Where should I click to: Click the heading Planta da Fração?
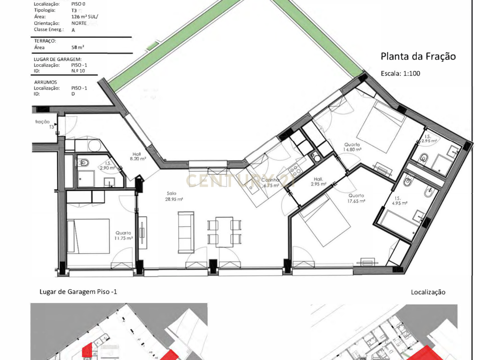(x=418, y=57)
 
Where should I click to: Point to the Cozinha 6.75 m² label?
(x=271, y=182)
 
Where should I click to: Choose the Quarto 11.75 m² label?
(x=124, y=235)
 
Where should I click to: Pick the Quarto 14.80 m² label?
(x=352, y=147)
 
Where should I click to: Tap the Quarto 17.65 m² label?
(x=356, y=198)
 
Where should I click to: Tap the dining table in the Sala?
(x=224, y=232)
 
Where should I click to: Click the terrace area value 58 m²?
(x=78, y=47)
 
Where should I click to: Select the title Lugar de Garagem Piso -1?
(x=79, y=292)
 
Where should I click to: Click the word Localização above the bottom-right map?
(x=428, y=292)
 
